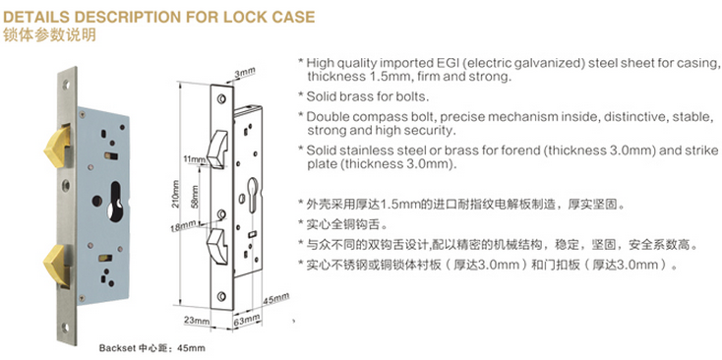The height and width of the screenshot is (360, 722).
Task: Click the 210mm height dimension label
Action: tap(176, 194)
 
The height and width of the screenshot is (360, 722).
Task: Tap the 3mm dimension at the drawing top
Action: tap(245, 73)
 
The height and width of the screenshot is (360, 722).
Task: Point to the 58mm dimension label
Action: tap(196, 195)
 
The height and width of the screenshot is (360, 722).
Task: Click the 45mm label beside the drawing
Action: tap(275, 298)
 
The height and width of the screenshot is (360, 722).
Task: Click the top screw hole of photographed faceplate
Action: tap(65, 85)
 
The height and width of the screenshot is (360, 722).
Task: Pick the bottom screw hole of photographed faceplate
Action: tap(65, 327)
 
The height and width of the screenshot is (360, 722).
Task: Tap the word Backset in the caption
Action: tap(112, 348)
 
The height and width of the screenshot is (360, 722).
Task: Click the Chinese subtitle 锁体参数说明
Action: tap(49, 35)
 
